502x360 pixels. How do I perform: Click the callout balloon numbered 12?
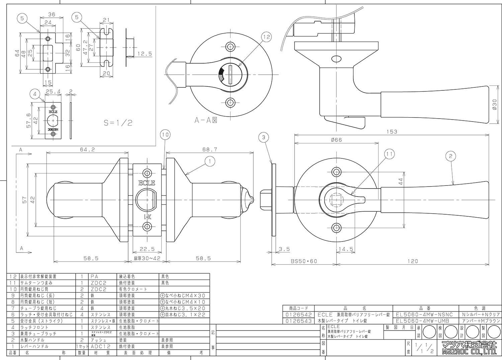tap(266, 37)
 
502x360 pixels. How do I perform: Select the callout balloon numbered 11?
tap(389, 154)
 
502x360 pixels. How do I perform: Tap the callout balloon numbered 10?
tap(165, 135)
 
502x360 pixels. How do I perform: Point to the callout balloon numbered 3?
tap(264, 137)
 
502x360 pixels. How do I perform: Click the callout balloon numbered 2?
tap(451, 155)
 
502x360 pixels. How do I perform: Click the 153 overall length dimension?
tap(391, 132)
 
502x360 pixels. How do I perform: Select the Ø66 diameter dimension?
tap(336, 140)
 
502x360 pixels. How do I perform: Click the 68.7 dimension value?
tap(210, 149)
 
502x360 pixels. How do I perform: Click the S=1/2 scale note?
tap(118, 123)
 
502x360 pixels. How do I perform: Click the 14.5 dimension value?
tap(346, 249)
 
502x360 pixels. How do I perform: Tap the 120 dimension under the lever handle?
tap(414, 261)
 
